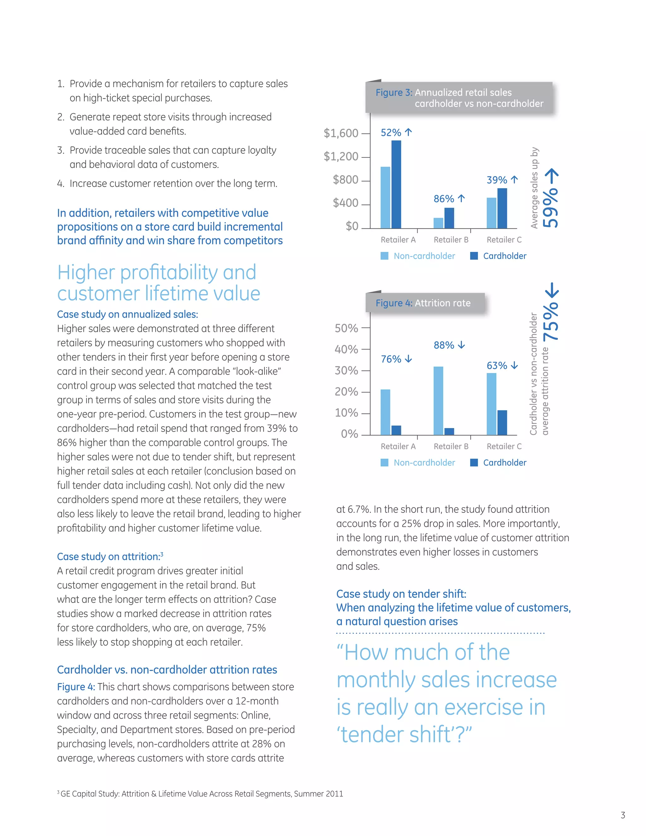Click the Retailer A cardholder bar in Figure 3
[x=396, y=184]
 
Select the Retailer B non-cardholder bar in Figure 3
[x=438, y=223]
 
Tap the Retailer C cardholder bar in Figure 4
[x=502, y=423]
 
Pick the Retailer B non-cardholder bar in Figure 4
[x=438, y=400]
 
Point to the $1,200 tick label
[x=341, y=156]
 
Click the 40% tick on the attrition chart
[x=346, y=350]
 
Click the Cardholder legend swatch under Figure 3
[x=474, y=256]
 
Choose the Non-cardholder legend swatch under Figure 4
[x=384, y=462]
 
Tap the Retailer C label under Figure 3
[x=504, y=240]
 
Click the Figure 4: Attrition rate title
[x=423, y=303]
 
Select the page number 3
[x=623, y=815]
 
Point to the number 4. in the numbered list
[x=61, y=184]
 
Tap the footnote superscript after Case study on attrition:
[x=162, y=554]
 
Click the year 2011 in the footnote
[x=334, y=793]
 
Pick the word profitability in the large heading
[x=169, y=273]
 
